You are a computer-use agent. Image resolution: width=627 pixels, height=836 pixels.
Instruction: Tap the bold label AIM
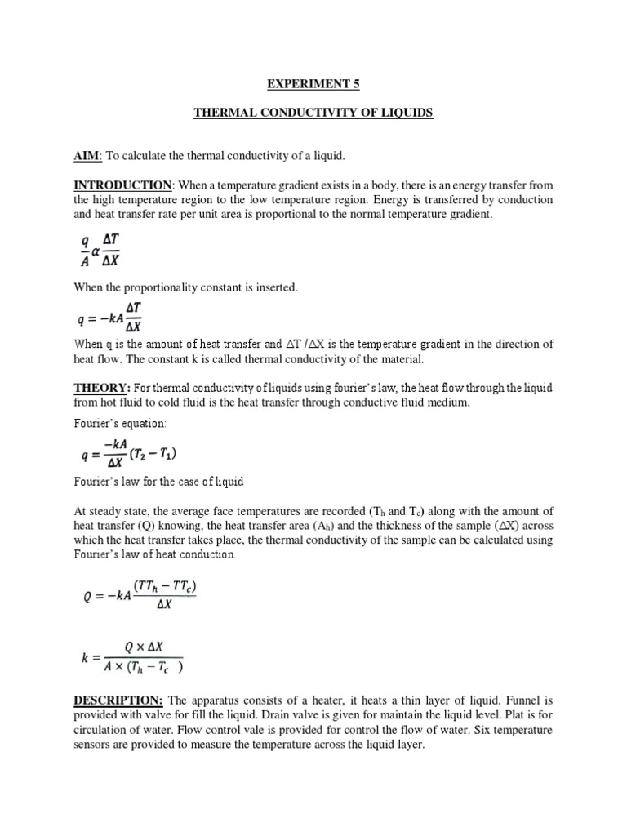(x=84, y=155)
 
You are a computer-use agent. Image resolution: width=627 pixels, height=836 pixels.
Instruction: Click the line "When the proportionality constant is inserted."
(x=182, y=287)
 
